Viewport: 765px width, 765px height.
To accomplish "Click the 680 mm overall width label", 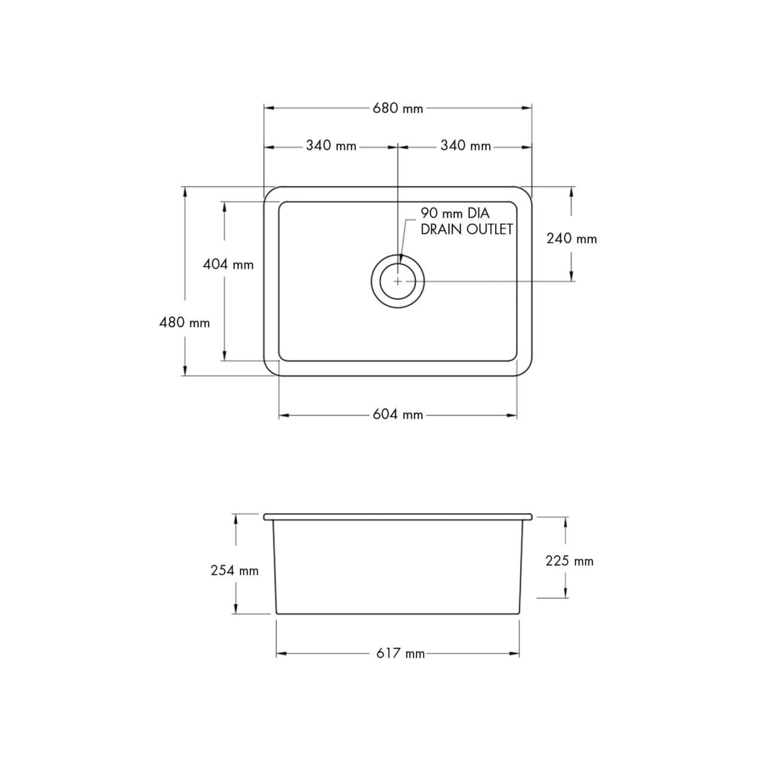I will [398, 108].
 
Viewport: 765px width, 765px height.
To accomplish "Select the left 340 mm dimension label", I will [331, 146].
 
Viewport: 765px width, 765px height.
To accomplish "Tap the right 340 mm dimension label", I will [466, 146].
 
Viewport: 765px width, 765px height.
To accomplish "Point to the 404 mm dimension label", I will [228, 265].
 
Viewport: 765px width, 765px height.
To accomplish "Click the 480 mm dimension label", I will [185, 323].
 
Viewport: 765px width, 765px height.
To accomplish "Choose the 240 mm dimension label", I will [572, 239].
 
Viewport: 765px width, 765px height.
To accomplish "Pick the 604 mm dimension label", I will [398, 415].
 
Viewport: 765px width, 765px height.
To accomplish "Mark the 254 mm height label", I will [234, 570].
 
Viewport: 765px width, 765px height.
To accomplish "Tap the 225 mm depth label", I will [569, 561].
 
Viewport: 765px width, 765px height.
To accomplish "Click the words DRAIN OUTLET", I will [466, 229].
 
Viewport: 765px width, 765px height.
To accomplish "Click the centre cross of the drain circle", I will [398, 281].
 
